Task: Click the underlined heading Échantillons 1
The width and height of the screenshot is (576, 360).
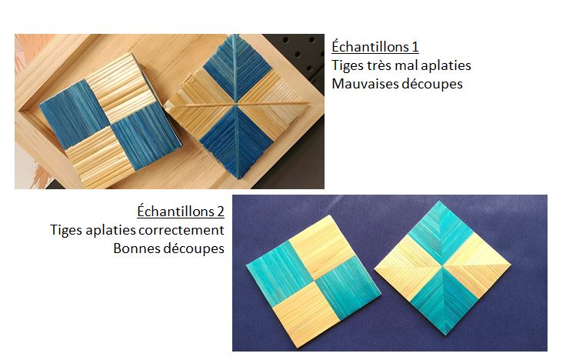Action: tap(375, 47)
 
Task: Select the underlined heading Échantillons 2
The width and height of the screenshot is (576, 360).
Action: tap(181, 212)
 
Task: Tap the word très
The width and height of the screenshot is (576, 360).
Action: tap(381, 65)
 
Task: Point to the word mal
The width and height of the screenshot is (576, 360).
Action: tap(407, 65)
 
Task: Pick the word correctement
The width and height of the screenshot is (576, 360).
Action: tap(181, 230)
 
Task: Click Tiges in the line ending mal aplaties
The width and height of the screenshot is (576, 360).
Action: tap(348, 65)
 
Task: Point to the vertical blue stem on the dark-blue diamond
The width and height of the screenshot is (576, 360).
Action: tap(235, 106)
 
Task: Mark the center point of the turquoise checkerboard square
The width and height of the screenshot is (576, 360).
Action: tap(314, 282)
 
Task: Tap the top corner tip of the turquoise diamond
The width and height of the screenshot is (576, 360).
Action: tap(439, 202)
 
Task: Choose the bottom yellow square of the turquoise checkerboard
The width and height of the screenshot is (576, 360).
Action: tap(307, 315)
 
